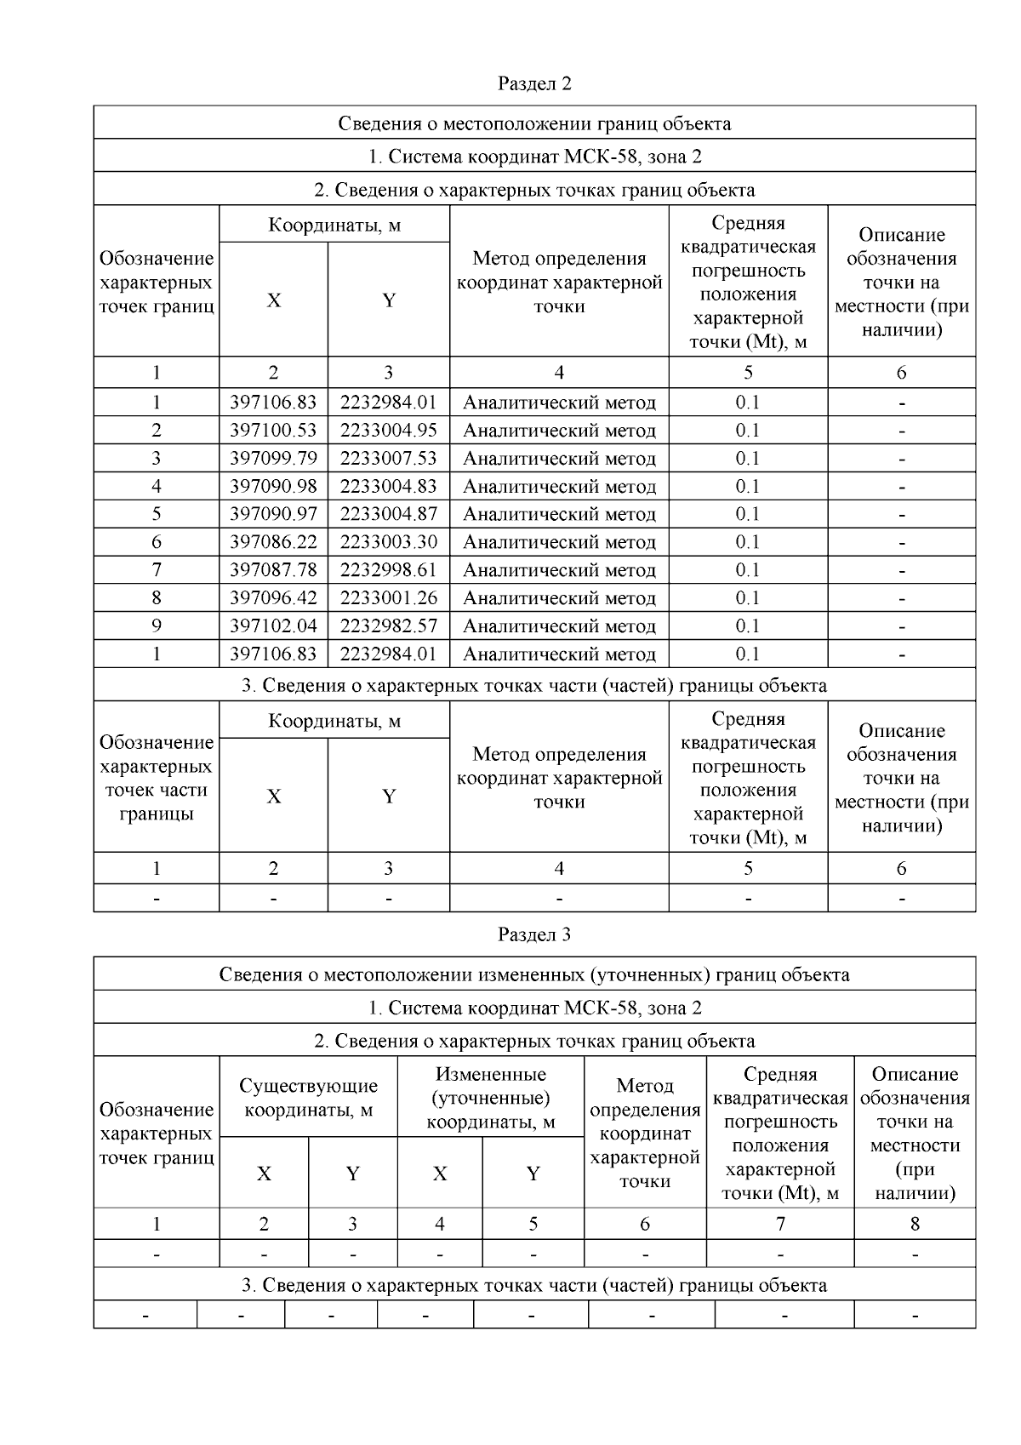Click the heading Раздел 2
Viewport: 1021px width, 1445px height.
534,83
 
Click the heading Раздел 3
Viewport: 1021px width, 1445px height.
534,934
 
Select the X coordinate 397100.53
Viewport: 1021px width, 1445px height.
273,431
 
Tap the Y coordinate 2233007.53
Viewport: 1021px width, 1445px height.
388,459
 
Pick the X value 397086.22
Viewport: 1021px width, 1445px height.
273,542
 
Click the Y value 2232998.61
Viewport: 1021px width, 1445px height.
388,570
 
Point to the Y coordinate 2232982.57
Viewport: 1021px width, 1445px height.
388,626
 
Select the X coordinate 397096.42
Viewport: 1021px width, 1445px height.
273,598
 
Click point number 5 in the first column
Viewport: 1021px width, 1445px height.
157,514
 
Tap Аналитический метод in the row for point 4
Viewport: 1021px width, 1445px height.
559,487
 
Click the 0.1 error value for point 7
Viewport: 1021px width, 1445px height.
747,570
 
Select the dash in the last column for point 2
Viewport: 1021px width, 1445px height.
901,431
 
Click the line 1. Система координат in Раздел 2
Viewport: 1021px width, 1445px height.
534,157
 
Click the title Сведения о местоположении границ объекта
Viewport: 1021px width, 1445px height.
534,123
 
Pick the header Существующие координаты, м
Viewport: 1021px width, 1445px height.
308,1098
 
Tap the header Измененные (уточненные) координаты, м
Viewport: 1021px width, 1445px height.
490,1098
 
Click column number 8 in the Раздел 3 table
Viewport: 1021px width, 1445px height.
915,1225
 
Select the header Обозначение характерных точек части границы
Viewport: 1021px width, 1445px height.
157,778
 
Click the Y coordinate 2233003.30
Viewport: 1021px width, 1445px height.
388,542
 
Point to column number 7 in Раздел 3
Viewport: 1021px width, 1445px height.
779,1225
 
